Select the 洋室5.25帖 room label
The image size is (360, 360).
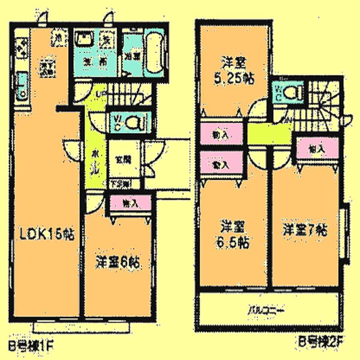tap(234, 70)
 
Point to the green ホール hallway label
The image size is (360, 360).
tap(95, 162)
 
